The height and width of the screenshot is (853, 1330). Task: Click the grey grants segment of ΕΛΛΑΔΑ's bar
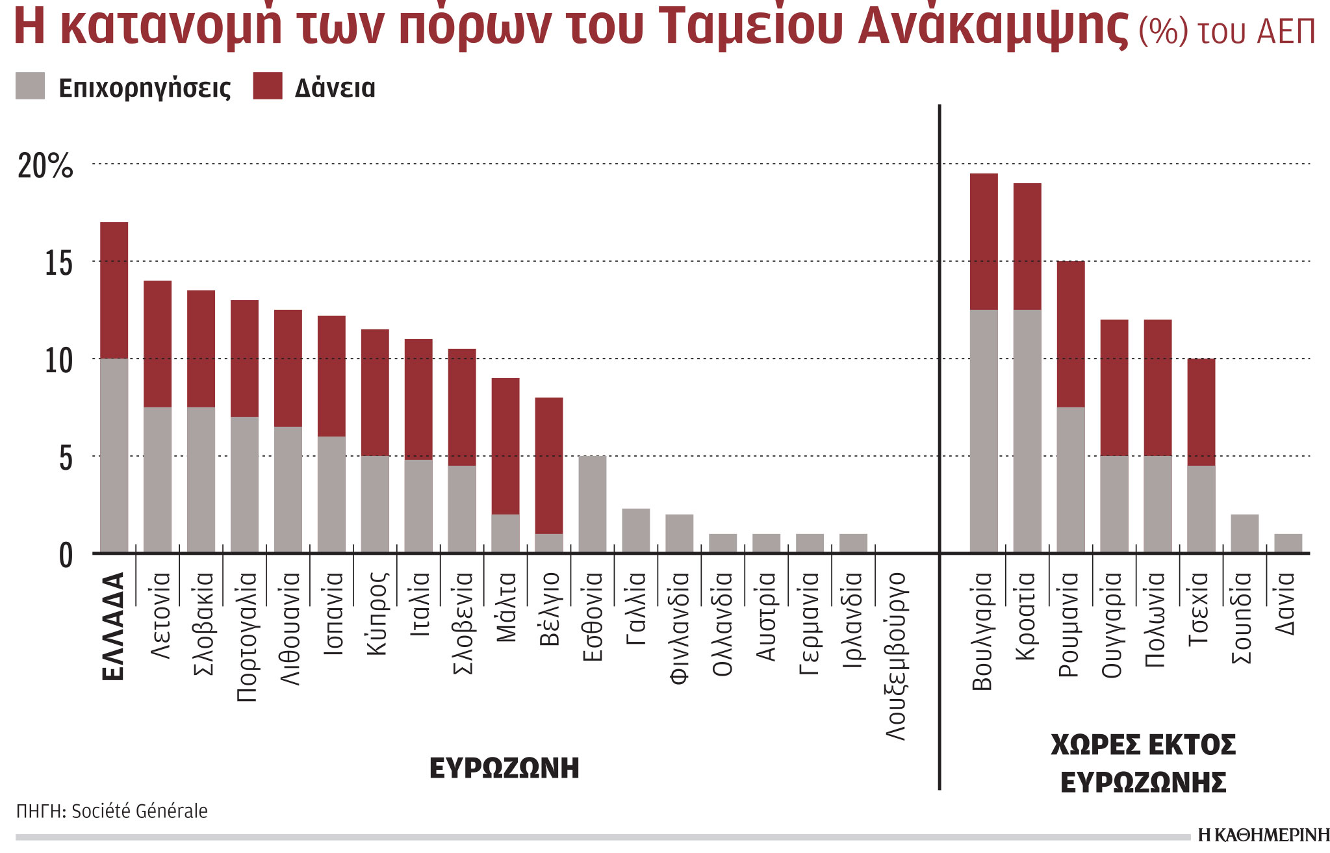[x=114, y=455]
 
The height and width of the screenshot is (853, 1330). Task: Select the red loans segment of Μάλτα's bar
[x=505, y=446]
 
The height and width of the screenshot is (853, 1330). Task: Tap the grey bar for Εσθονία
[x=592, y=504]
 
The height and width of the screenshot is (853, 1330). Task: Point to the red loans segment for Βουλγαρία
[x=984, y=241]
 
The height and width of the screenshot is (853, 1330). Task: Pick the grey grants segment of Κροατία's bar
[x=1027, y=431]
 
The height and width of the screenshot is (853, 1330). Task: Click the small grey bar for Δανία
[x=1288, y=543]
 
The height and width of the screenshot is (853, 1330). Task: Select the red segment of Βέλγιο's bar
[x=548, y=465]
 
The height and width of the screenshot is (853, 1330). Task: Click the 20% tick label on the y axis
[x=45, y=166]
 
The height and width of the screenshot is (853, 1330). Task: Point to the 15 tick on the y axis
[x=58, y=263]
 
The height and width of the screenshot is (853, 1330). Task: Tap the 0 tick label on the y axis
[x=66, y=556]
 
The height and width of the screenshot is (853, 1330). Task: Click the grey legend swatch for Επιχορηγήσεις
[x=30, y=86]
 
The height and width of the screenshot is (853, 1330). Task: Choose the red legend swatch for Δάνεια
[x=268, y=86]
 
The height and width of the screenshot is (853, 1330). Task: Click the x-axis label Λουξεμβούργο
[x=896, y=656]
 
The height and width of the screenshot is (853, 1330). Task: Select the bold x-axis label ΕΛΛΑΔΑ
[x=114, y=626]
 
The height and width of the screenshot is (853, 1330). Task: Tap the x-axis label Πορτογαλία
[x=247, y=637]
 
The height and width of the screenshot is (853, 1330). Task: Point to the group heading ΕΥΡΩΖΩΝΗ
[x=504, y=768]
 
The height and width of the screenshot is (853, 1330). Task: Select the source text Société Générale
[x=139, y=811]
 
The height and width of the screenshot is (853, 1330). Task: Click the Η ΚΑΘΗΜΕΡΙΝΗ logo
[x=1262, y=835]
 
